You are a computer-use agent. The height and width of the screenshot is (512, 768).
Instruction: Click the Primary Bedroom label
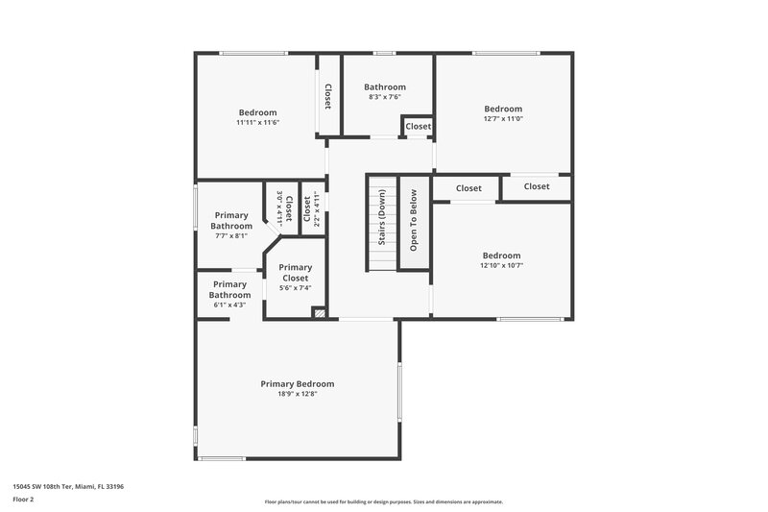tap(298, 383)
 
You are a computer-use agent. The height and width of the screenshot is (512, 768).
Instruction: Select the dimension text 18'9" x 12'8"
tap(298, 394)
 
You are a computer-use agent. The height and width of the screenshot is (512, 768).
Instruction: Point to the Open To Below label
tap(414, 227)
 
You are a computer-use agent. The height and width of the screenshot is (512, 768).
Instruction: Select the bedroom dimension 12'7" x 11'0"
tap(503, 119)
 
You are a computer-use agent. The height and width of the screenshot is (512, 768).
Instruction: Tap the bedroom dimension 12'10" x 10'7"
tap(502, 265)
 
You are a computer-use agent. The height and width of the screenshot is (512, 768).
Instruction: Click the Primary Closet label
tap(295, 273)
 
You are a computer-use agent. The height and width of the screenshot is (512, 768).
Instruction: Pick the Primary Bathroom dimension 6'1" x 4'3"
tap(229, 305)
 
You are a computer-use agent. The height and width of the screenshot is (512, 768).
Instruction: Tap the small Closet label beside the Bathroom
tap(418, 127)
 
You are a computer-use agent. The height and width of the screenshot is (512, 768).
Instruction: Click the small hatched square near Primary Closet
tap(321, 312)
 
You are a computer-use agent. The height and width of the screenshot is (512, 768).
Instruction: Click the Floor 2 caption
tap(23, 500)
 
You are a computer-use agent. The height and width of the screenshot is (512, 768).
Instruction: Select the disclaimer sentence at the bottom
tap(383, 501)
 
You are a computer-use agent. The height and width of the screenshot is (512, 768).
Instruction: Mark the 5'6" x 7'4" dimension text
tap(295, 287)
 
